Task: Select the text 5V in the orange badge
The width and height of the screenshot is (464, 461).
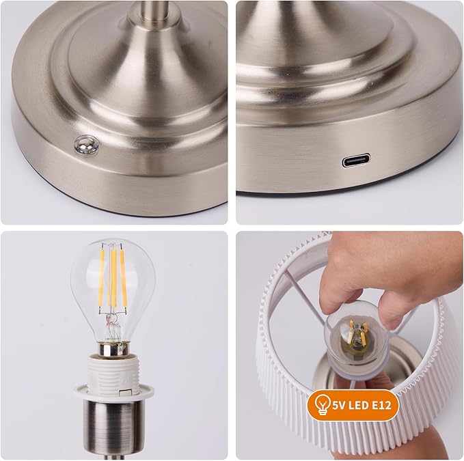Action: (x=342, y=405)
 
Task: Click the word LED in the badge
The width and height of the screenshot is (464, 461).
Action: (x=363, y=405)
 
